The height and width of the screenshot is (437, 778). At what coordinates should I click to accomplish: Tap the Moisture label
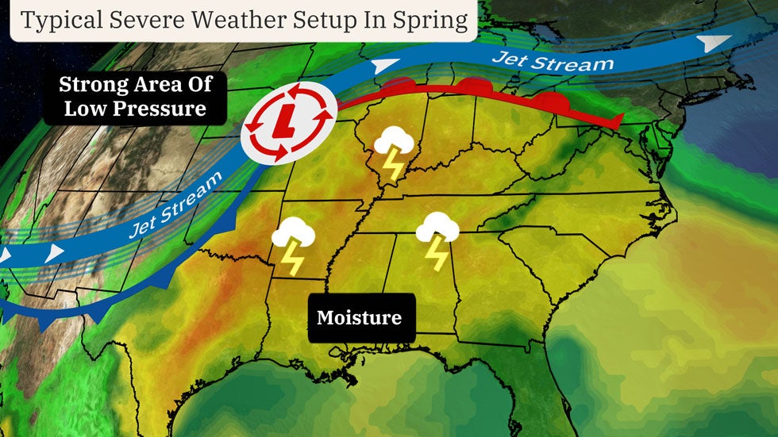click(x=359, y=319)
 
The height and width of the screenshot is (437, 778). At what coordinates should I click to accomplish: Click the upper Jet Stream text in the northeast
click(x=553, y=60)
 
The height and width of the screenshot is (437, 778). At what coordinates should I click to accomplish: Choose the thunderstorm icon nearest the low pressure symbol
click(x=394, y=152)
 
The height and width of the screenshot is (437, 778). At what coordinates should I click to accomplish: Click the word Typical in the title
click(x=56, y=21)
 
